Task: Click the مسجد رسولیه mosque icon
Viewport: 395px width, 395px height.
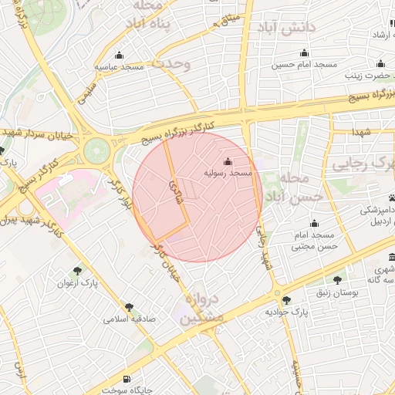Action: (228, 162)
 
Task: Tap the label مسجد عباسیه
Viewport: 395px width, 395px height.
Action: (120, 67)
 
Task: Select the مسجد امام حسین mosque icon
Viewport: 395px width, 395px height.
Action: (304, 53)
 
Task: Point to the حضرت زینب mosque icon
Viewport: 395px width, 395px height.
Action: (380, 63)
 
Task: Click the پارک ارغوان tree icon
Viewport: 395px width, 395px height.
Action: (76, 271)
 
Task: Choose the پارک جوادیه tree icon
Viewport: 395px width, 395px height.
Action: (287, 300)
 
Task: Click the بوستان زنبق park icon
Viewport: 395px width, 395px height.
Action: (336, 278)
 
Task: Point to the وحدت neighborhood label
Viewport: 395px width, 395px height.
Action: (170, 62)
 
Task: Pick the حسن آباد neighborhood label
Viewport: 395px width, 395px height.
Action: (285, 189)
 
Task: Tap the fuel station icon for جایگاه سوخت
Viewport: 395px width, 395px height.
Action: (126, 380)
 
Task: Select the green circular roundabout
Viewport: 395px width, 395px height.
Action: (97, 151)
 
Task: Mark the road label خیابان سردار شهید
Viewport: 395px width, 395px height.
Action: (32, 133)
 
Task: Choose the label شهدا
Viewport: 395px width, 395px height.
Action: (362, 132)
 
